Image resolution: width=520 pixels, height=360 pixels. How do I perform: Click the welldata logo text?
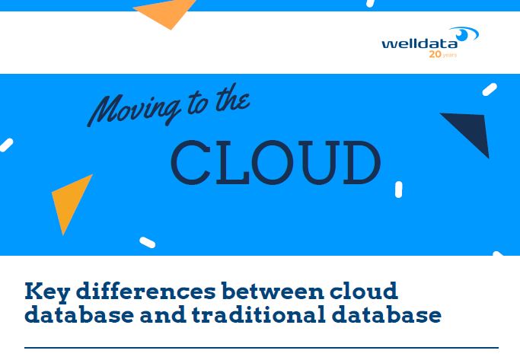420,43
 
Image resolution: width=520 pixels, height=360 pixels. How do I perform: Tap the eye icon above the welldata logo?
464,33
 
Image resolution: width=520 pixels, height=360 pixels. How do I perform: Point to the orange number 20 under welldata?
435,56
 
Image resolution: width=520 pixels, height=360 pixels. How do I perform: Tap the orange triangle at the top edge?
167,12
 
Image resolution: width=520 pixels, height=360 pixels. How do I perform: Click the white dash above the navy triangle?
489,90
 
